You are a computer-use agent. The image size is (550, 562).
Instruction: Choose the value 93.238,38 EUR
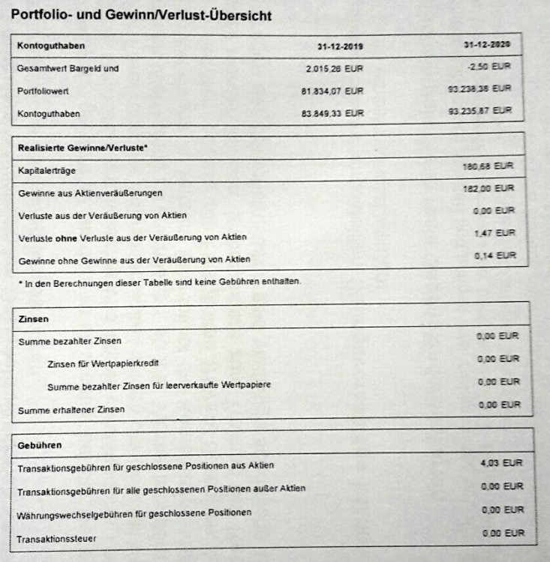click(479, 88)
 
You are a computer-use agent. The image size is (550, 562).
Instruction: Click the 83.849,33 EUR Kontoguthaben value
click(331, 114)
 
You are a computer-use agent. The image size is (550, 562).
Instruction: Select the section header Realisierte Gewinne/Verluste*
click(82, 148)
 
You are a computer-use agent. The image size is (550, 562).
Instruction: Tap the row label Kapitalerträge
click(46, 171)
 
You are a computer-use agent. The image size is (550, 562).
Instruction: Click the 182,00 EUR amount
click(489, 188)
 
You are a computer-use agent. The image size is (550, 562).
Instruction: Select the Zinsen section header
click(33, 318)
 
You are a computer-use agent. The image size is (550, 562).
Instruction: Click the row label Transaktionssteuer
click(57, 539)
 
